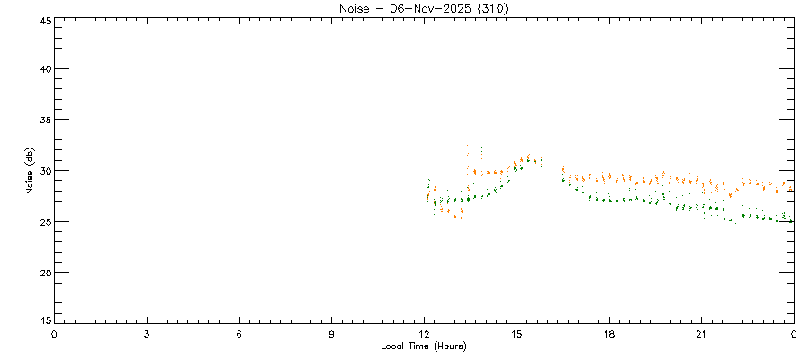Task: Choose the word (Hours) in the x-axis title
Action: pos(446,346)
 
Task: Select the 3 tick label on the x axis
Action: pos(147,334)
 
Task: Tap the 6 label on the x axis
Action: pos(239,334)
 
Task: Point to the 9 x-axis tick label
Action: pos(332,334)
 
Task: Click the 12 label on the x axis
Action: pos(425,334)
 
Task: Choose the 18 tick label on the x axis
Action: pos(609,334)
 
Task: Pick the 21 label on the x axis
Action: pos(702,334)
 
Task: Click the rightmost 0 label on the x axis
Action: pos(794,334)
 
